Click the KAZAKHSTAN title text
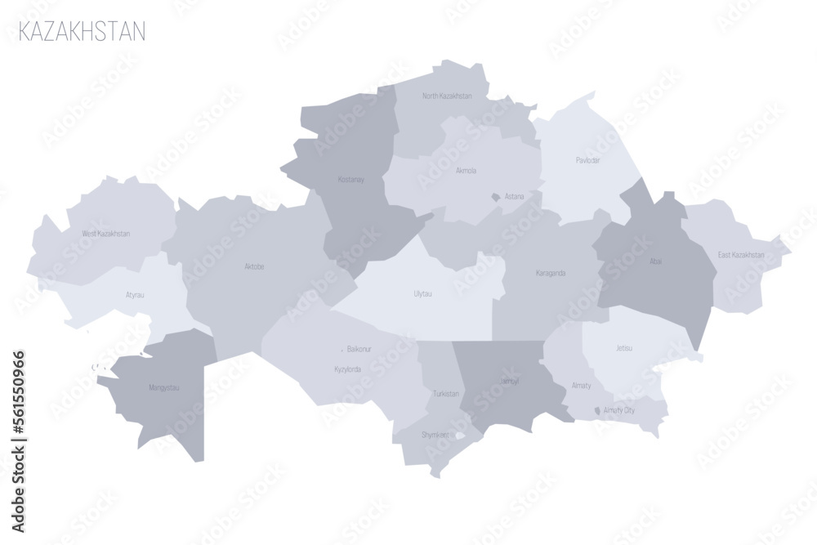(x=82, y=32)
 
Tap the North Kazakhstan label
(x=447, y=96)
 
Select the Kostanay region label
(x=350, y=179)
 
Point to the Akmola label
(x=466, y=171)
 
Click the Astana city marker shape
(x=495, y=197)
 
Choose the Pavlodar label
(x=587, y=160)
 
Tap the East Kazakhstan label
(x=741, y=255)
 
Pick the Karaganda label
(x=551, y=273)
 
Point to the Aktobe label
(x=254, y=266)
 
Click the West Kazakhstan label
(x=106, y=234)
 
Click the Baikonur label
(x=359, y=349)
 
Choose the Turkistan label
(x=446, y=394)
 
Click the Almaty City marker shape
(x=598, y=410)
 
